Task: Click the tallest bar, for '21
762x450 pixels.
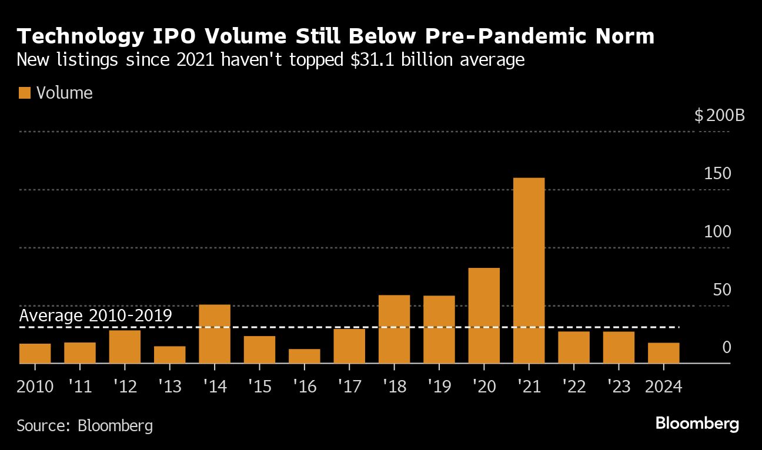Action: (x=529, y=270)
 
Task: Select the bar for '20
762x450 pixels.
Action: (x=484, y=315)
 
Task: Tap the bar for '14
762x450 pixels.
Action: (x=215, y=334)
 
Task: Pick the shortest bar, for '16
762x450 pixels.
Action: (x=305, y=356)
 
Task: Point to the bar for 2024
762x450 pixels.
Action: (x=664, y=353)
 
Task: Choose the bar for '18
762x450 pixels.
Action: (x=394, y=329)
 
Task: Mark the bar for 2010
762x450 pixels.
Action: (x=35, y=354)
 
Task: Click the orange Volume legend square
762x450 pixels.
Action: (x=24, y=93)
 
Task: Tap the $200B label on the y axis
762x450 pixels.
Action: (x=719, y=115)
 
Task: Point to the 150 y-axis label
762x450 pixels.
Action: (x=718, y=174)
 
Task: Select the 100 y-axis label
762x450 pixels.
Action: (x=718, y=231)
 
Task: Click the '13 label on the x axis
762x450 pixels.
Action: (x=169, y=387)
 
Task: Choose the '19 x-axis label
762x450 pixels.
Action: (x=439, y=387)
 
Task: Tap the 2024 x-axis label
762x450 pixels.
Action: (x=663, y=387)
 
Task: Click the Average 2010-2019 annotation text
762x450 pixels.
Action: (x=96, y=315)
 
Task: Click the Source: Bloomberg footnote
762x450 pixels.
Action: (x=85, y=425)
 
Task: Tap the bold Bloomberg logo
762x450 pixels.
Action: (x=697, y=424)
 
